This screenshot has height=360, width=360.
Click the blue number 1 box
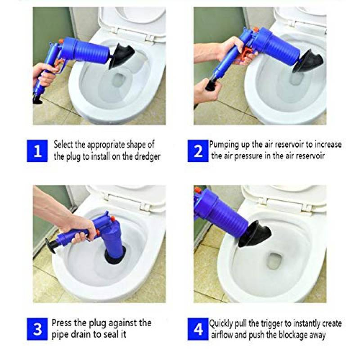tap(38, 151)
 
